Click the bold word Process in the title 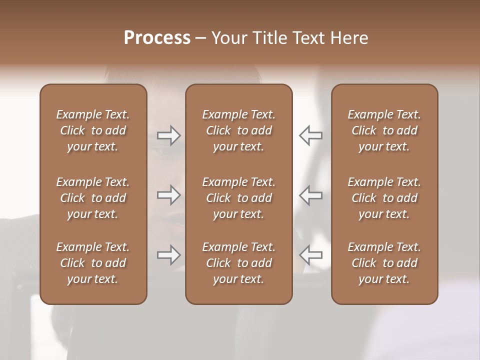(x=157, y=37)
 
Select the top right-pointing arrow (x=169, y=135)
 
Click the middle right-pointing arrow (x=169, y=195)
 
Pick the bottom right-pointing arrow (x=169, y=255)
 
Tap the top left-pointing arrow (x=310, y=135)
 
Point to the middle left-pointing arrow (x=310, y=195)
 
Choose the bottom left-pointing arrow (x=310, y=255)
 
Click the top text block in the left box (x=93, y=130)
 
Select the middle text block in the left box (x=93, y=198)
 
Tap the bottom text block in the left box (x=93, y=263)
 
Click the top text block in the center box (x=238, y=130)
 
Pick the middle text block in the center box (x=238, y=198)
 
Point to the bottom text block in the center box (x=238, y=263)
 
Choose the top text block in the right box (x=384, y=130)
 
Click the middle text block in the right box (x=384, y=198)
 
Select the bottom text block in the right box (x=384, y=263)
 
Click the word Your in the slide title (x=228, y=37)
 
